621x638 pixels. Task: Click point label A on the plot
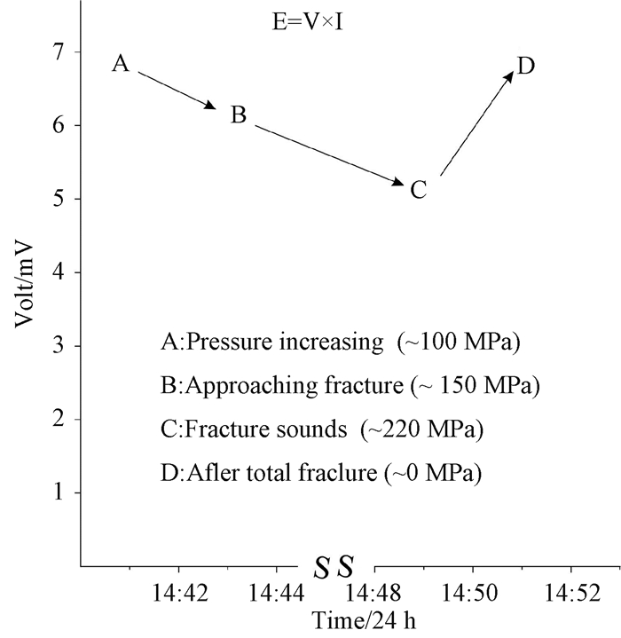click(122, 64)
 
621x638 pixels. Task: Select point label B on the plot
click(238, 115)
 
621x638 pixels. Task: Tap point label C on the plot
click(419, 189)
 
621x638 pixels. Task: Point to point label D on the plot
click(525, 66)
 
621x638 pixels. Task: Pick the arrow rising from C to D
click(476, 124)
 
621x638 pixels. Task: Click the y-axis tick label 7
click(59, 52)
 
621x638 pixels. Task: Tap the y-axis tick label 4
click(59, 272)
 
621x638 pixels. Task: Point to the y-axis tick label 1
click(59, 492)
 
